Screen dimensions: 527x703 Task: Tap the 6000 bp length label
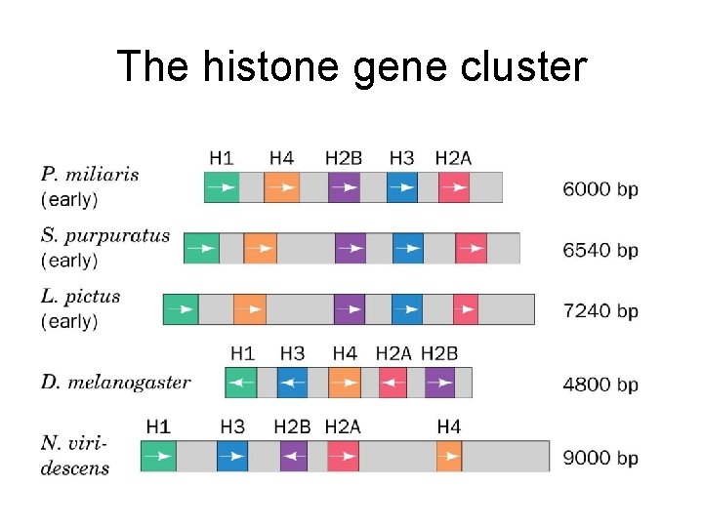click(600, 188)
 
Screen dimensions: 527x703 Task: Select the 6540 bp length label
click(600, 250)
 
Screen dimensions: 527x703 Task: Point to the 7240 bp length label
click(600, 310)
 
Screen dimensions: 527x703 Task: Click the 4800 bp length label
click(600, 384)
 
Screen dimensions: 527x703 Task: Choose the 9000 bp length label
click(600, 458)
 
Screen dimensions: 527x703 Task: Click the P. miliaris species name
click(90, 175)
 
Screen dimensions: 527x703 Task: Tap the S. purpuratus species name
click(105, 235)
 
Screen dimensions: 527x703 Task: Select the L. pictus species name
click(81, 296)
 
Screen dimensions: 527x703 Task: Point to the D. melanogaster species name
click(115, 382)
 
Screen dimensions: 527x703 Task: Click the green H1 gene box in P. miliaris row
click(221, 187)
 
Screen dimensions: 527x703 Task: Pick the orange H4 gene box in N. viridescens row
click(449, 457)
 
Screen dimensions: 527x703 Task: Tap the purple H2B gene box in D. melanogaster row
click(439, 383)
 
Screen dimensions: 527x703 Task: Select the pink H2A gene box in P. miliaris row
click(454, 187)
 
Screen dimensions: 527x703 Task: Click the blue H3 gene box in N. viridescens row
click(232, 457)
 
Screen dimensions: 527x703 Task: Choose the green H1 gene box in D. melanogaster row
click(241, 383)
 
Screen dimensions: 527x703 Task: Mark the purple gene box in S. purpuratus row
click(350, 249)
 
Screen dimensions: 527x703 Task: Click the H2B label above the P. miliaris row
click(343, 158)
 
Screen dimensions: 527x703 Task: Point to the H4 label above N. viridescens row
click(448, 426)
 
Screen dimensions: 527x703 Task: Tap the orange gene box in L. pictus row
click(250, 309)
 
